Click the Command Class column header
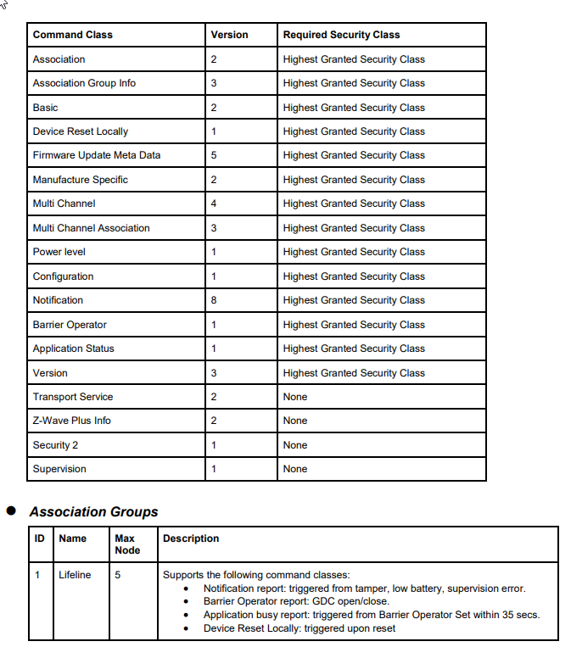[73, 35]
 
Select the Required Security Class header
[341, 35]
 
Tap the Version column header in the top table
[229, 35]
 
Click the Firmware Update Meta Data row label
[97, 155]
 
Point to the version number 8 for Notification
[214, 300]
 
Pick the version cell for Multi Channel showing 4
[214, 204]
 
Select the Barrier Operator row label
[70, 325]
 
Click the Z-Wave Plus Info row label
[72, 421]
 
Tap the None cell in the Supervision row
[295, 469]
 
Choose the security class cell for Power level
[354, 252]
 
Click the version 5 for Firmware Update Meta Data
[214, 155]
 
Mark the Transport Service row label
[73, 397]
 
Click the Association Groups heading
[93, 512]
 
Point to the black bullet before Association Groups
[12, 511]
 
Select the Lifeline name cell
[75, 575]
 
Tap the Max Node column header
[125, 544]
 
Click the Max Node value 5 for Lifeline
[118, 575]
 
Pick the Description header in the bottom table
[191, 538]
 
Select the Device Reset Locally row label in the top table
[81, 131]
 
